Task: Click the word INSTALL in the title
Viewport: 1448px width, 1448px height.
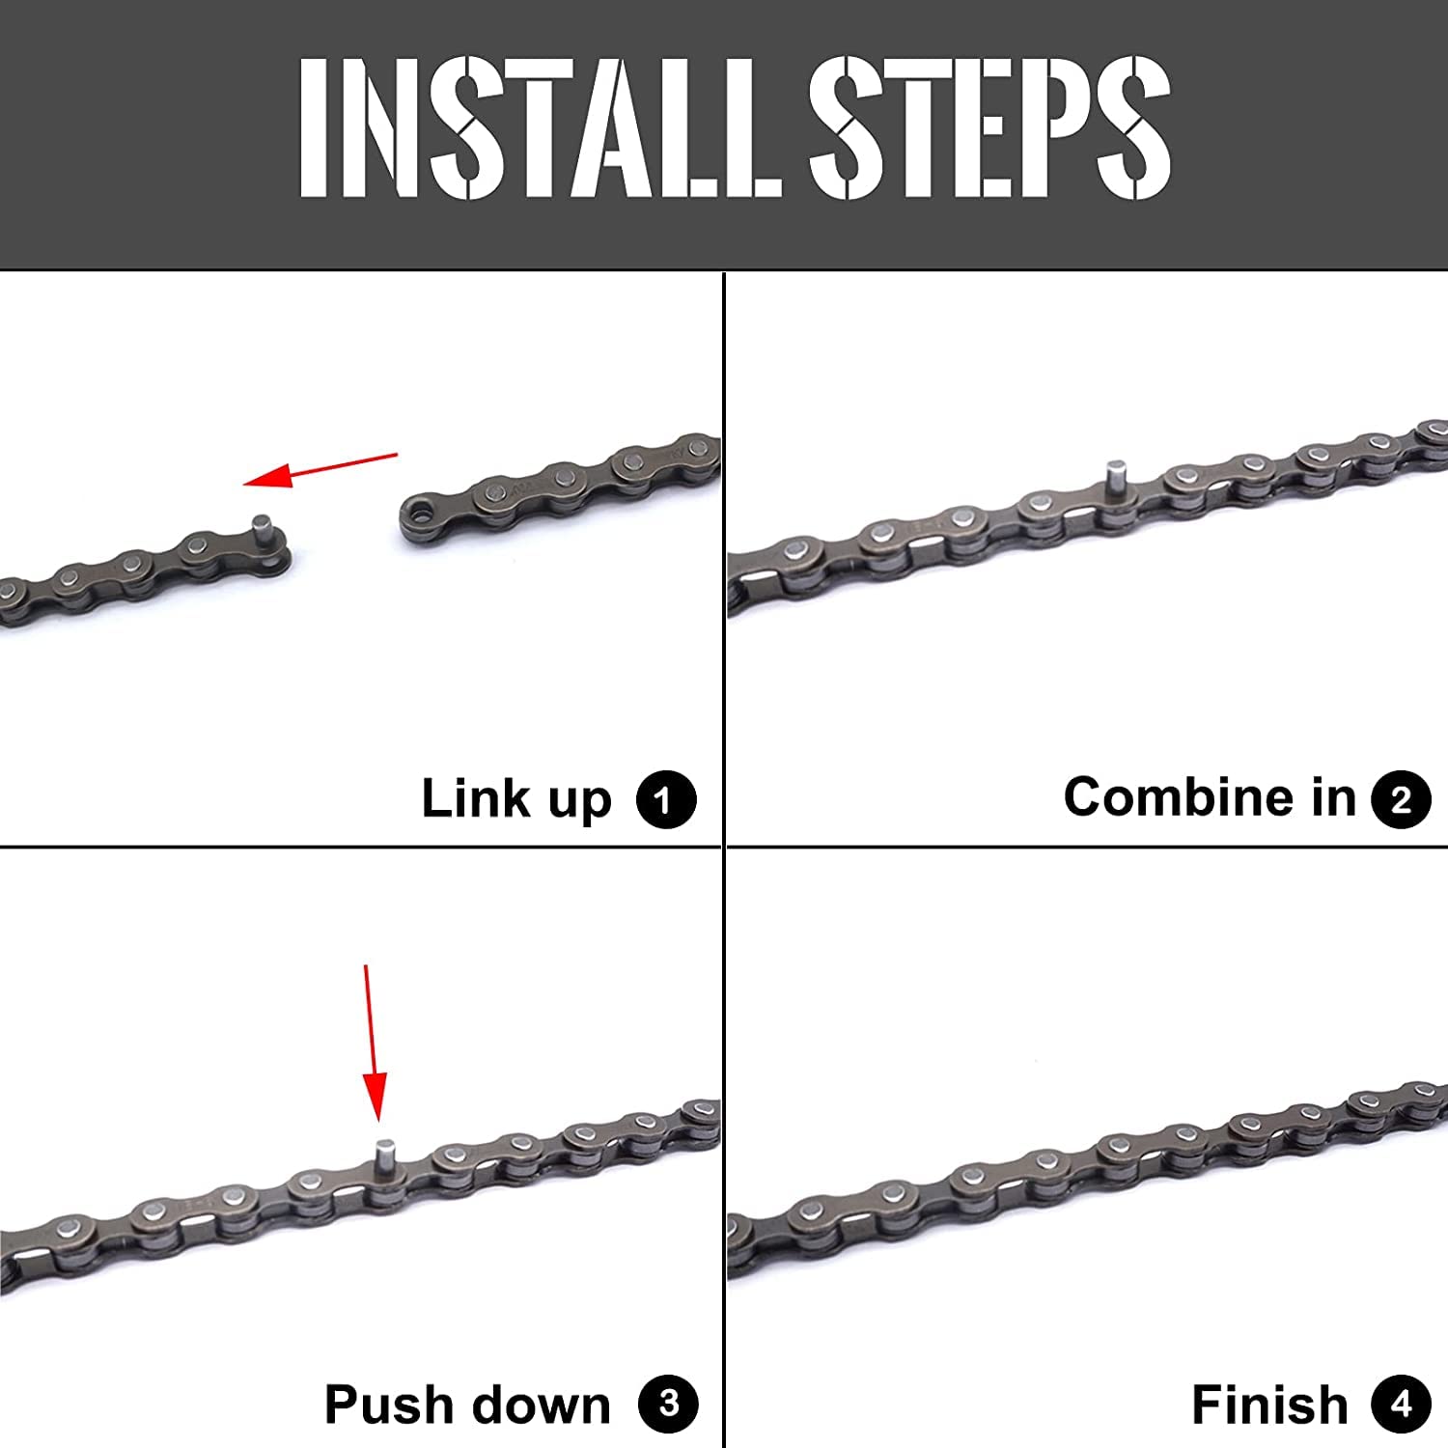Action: (x=541, y=126)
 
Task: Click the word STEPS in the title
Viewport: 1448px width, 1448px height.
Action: (x=990, y=126)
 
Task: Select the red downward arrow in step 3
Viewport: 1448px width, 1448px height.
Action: (x=374, y=1043)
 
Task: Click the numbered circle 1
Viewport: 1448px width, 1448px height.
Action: (x=666, y=799)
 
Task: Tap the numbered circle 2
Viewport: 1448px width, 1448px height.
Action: (x=1401, y=799)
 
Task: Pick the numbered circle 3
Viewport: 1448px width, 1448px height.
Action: (x=668, y=1405)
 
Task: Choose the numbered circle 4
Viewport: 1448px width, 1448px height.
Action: (x=1401, y=1405)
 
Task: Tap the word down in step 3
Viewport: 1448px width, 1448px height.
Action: (x=530, y=1405)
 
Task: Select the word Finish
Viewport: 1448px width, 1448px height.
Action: (x=1269, y=1405)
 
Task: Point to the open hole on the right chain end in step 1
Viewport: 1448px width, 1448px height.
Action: (x=418, y=511)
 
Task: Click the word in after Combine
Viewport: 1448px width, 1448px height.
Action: (x=1333, y=797)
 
